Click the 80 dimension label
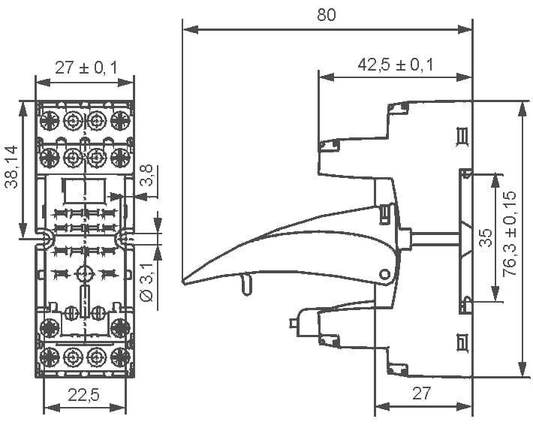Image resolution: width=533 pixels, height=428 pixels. tap(327, 15)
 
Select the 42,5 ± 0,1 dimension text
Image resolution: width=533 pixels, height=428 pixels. tap(396, 65)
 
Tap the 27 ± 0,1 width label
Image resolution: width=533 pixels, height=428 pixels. tap(86, 68)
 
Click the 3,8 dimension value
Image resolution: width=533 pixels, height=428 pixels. tap(147, 176)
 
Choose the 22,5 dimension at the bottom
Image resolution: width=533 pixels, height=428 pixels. tap(83, 395)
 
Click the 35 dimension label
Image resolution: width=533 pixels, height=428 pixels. tap(486, 237)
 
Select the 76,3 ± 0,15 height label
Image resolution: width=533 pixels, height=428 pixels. tap(510, 234)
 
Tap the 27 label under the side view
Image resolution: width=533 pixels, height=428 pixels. tap(421, 393)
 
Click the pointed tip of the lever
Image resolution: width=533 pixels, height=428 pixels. tap(183, 282)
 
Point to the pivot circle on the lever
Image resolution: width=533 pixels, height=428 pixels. tap(385, 274)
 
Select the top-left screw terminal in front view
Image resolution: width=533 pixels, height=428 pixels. tap(50, 120)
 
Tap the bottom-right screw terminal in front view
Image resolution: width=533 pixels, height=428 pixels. tap(120, 357)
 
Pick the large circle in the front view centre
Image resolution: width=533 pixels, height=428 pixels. tap(84, 273)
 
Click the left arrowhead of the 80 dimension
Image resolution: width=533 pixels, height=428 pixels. tap(191, 29)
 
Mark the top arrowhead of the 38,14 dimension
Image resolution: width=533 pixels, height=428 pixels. tap(23, 109)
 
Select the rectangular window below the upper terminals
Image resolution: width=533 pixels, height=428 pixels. tap(83, 191)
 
